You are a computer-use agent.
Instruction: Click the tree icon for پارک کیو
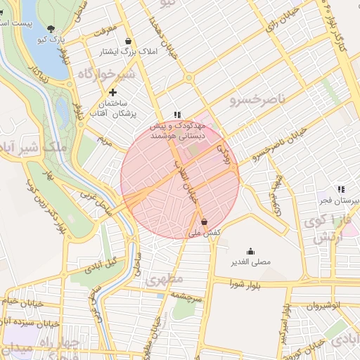[51, 28]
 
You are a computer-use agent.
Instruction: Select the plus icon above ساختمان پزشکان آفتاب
[112, 92]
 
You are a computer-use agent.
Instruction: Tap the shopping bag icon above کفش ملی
[204, 221]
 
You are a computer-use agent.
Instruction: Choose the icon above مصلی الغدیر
[251, 251]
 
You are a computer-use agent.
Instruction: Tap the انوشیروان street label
[325, 306]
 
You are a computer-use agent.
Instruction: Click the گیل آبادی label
[103, 265]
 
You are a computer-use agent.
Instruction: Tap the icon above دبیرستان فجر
[341, 189]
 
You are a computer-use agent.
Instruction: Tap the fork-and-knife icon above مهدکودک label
[178, 115]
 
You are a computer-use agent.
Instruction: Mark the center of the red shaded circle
[180, 179]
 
